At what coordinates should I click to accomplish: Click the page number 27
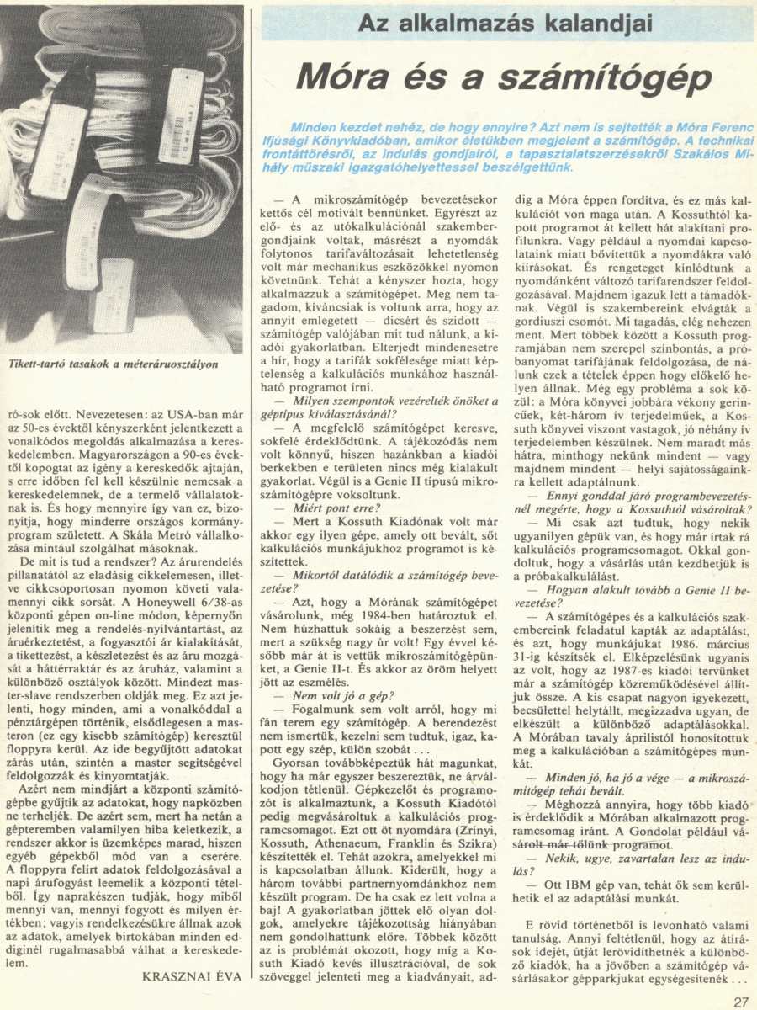pyautogui.click(x=740, y=1001)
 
